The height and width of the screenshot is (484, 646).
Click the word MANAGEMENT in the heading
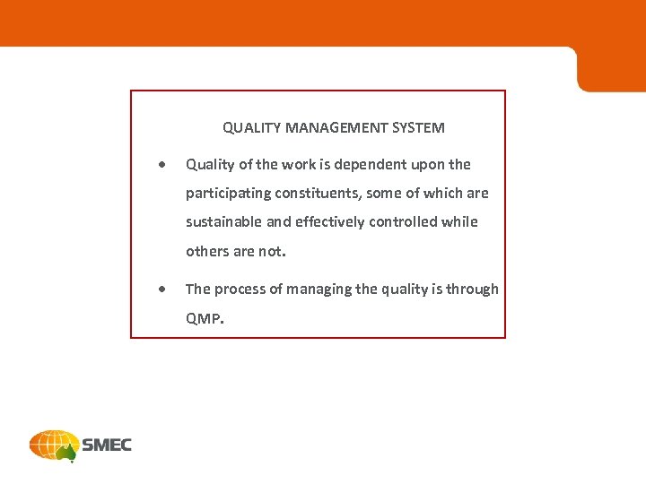pos(336,128)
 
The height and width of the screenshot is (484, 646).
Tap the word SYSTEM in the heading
pos(418,128)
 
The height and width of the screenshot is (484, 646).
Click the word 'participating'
pos(228,194)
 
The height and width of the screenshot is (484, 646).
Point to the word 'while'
pos(460,222)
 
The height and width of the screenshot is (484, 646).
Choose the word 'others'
pos(207,252)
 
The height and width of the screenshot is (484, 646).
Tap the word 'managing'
pos(320,290)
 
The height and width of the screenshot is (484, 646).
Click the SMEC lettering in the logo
pos(107,445)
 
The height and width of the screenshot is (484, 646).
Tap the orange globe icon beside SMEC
pos(53,445)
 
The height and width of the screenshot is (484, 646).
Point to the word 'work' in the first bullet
pos(292,165)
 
